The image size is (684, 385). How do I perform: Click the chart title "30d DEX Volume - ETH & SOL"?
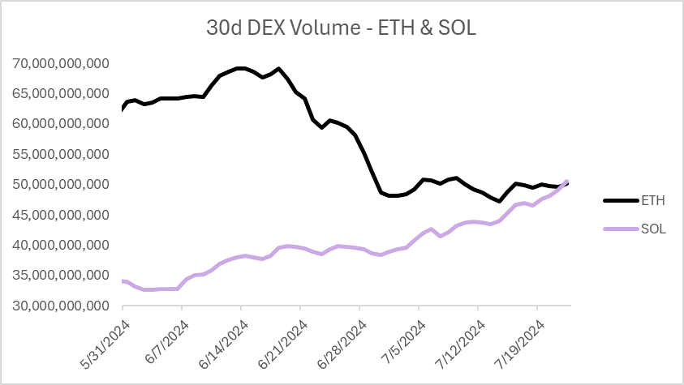tap(342, 28)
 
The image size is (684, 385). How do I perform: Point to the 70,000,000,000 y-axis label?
tap(62, 63)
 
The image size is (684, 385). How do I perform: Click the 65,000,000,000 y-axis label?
tap(62, 94)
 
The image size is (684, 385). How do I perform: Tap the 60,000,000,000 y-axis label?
tap(62, 124)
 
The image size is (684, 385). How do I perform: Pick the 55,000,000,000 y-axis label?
tap(62, 154)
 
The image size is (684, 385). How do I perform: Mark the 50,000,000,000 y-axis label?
tap(62, 185)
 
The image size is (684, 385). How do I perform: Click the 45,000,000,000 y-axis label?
tap(62, 215)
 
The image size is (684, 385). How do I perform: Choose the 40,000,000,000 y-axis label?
tap(62, 246)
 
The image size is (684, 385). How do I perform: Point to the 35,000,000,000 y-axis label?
tap(62, 276)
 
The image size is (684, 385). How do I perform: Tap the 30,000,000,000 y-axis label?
tap(62, 306)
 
